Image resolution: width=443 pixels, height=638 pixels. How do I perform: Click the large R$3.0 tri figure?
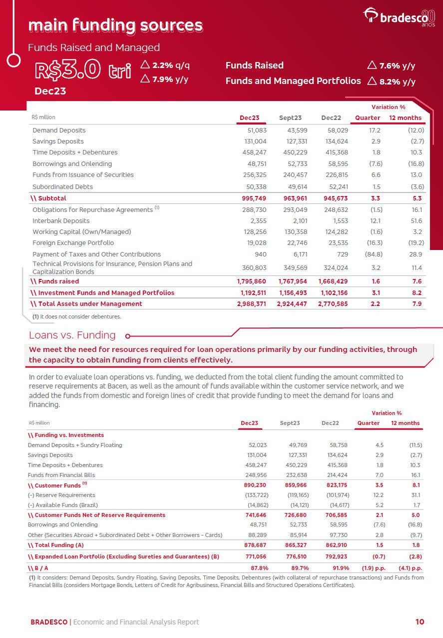click(x=82, y=70)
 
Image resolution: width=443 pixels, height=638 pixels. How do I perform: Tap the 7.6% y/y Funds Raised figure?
click(x=392, y=65)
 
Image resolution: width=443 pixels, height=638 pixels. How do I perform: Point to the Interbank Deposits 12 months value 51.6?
click(x=416, y=220)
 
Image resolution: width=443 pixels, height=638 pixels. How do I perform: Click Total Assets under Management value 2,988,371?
click(x=252, y=303)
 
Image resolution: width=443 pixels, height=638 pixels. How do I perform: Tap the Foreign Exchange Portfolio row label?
click(x=73, y=243)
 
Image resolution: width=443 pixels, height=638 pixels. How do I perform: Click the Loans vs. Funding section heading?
click(x=72, y=335)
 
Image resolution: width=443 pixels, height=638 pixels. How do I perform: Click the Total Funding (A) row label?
click(x=56, y=545)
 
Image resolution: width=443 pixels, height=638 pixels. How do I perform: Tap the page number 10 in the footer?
click(x=420, y=622)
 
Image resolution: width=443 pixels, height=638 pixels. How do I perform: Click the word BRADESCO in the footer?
click(x=49, y=622)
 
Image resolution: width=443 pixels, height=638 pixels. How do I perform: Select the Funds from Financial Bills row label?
click(x=61, y=475)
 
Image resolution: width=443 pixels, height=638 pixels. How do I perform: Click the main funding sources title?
click(x=115, y=25)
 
